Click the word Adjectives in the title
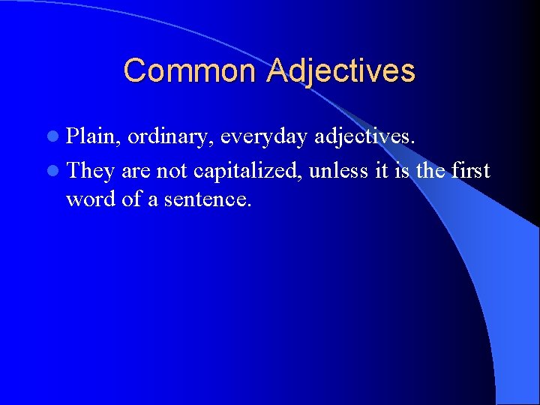(x=340, y=71)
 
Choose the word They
(x=90, y=171)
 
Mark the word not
(x=172, y=171)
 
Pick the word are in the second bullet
(x=136, y=172)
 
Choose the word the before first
(x=430, y=171)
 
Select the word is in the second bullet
(x=403, y=171)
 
